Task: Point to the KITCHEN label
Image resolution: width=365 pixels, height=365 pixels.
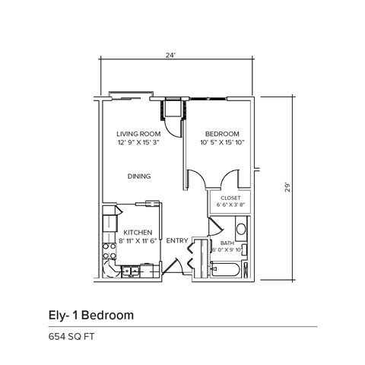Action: point(138,232)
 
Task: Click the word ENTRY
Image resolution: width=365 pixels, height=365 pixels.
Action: point(176,240)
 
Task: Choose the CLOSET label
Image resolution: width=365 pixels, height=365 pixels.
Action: point(230,198)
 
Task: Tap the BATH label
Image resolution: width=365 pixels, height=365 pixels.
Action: point(227,243)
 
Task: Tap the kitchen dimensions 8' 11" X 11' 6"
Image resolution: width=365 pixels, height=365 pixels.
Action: point(138,240)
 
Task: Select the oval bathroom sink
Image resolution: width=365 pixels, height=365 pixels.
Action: point(241,228)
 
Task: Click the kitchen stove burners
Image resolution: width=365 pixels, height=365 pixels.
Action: point(107,246)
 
